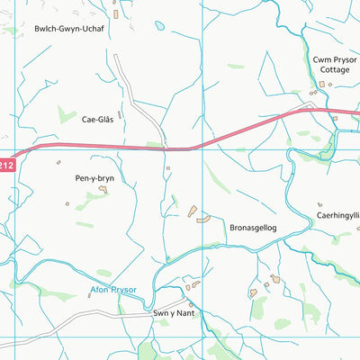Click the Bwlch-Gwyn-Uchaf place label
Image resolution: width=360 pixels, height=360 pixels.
point(69,29)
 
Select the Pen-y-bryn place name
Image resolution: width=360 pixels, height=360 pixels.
point(93,178)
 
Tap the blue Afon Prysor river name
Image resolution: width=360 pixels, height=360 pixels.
point(112,290)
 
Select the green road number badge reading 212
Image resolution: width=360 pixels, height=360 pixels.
point(6,164)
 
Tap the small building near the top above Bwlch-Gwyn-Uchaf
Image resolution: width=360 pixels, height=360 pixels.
point(116,13)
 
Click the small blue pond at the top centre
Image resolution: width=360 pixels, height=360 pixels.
point(159,26)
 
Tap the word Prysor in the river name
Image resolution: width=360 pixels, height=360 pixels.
point(121,290)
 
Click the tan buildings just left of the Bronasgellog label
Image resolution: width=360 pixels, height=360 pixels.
point(198,215)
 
